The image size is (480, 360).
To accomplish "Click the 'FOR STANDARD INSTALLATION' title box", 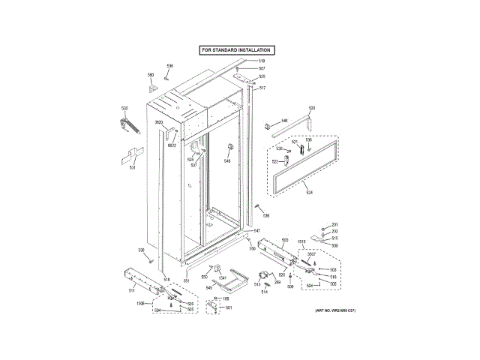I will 235,49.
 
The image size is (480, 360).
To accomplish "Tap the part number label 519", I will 262,61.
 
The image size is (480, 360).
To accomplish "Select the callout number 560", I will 150,75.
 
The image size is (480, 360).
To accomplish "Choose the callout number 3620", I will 159,122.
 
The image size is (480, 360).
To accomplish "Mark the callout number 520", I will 312,109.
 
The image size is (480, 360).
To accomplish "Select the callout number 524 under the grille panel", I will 308,191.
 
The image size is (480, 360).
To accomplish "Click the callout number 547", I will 256,230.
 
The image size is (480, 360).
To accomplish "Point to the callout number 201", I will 335,226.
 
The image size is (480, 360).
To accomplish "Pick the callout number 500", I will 285,240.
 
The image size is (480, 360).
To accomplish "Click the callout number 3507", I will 310,254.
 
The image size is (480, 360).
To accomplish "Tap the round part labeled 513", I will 264,276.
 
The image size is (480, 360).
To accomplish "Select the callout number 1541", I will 222,278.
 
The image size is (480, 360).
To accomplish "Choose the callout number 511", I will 132,289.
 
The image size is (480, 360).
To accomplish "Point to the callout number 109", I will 226,299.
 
